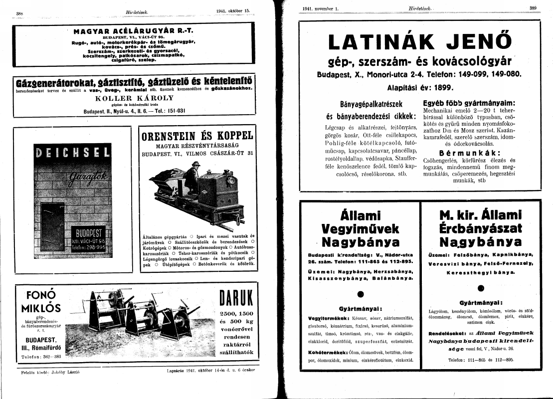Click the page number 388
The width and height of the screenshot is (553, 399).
pos(20,12)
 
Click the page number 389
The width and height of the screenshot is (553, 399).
pos(533,7)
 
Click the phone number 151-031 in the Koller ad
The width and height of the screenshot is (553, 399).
pos(176,111)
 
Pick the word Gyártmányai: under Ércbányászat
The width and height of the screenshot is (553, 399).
pos(481,303)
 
